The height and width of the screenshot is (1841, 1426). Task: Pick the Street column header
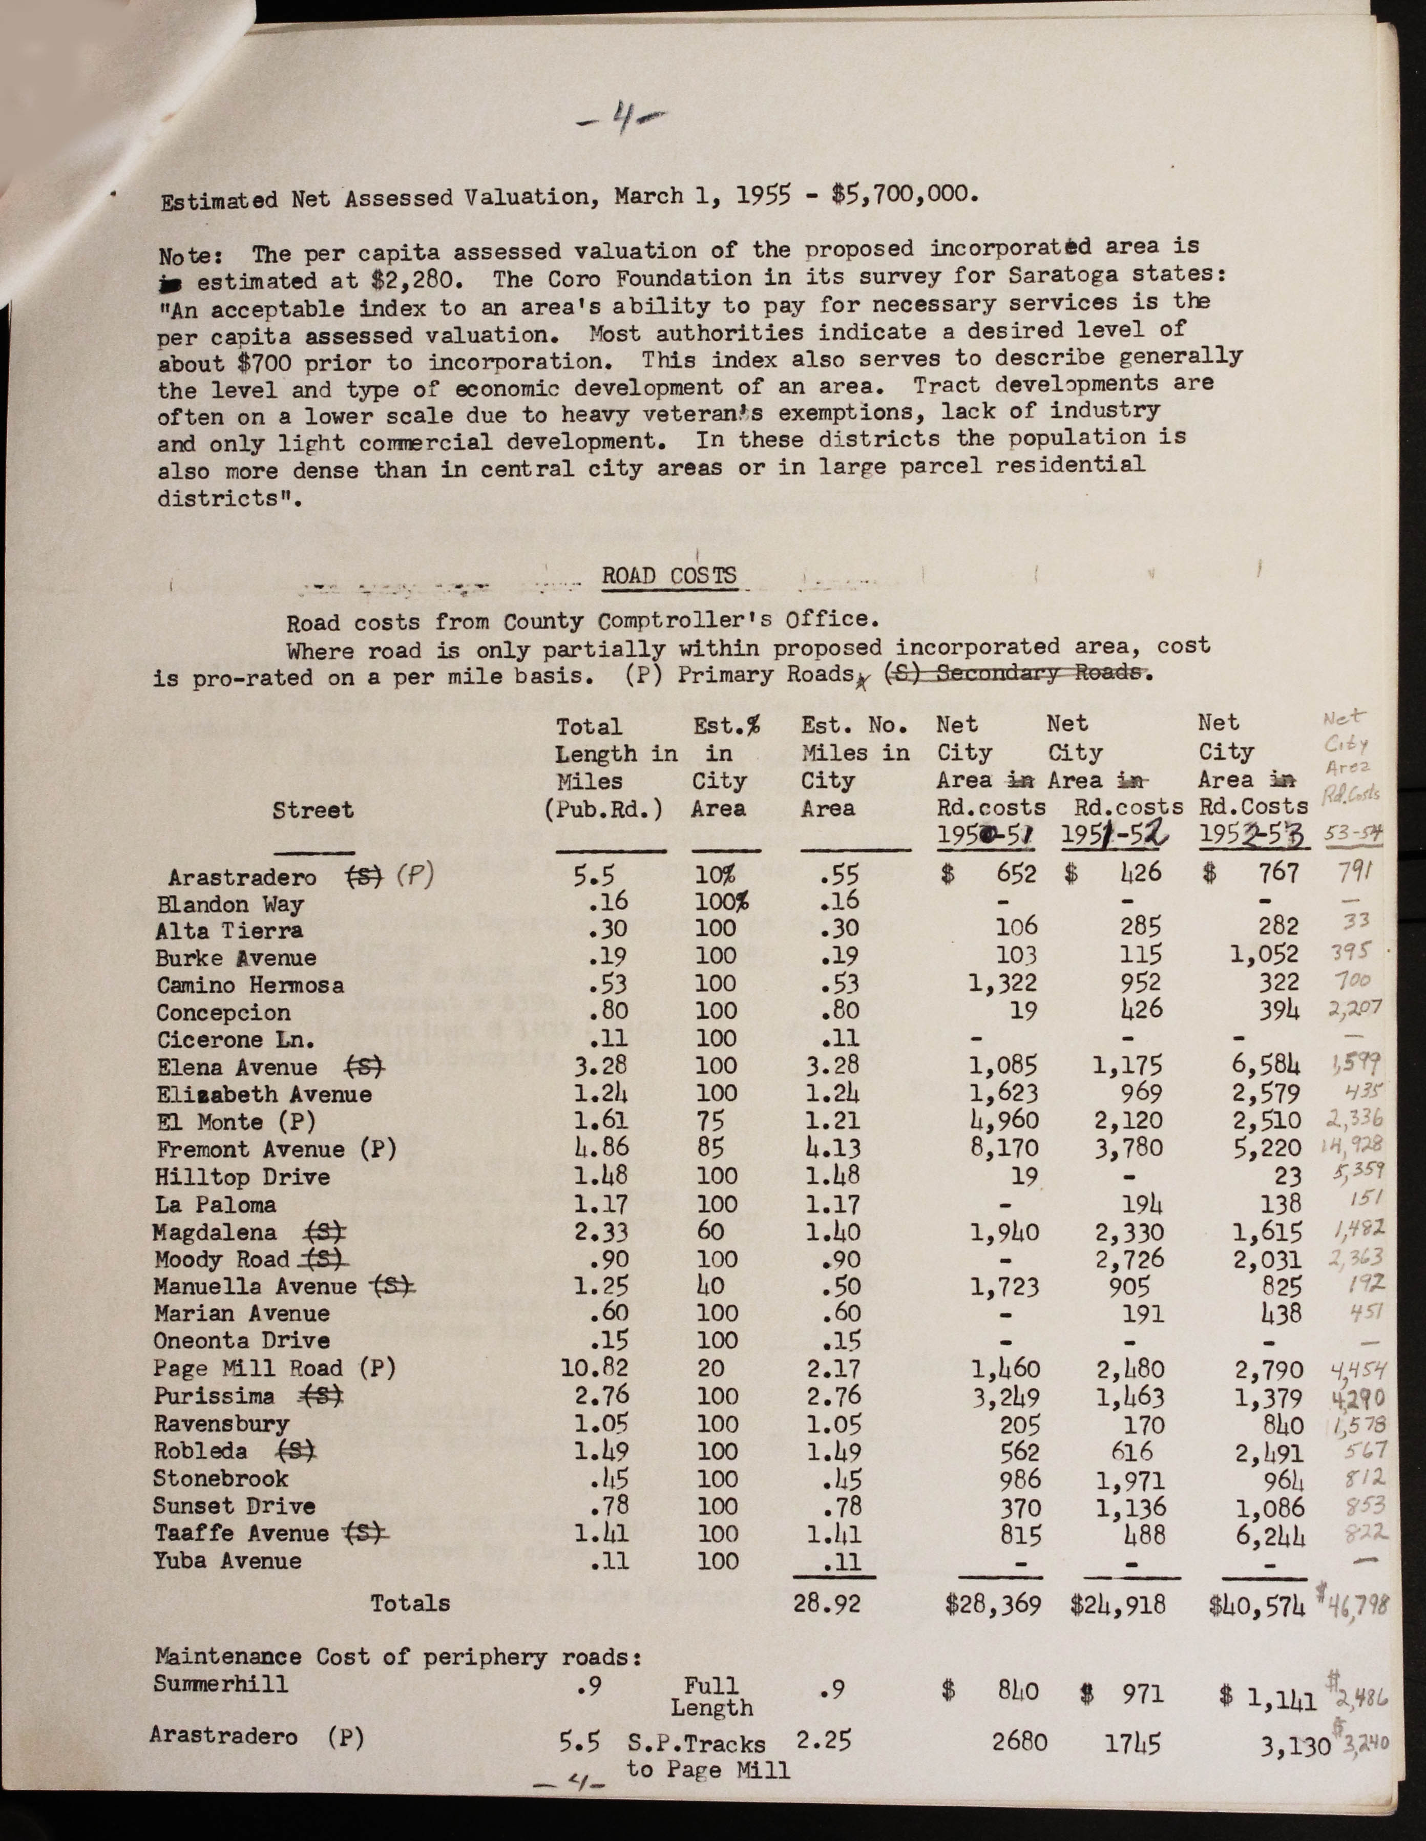(312, 811)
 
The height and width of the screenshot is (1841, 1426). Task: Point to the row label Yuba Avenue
(227, 1561)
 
